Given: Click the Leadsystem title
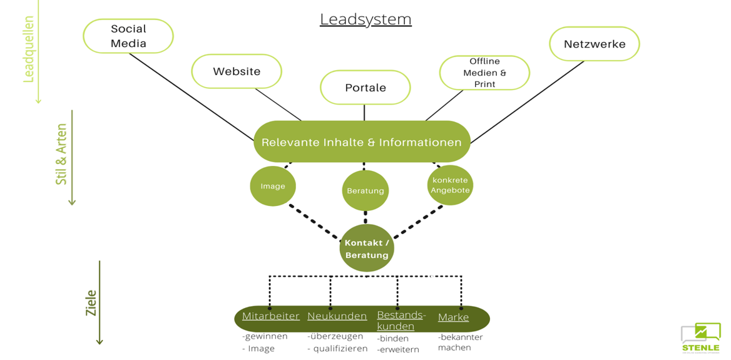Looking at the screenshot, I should point(365,19).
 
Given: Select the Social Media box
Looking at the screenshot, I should point(128,36).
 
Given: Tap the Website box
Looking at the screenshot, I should point(237,71).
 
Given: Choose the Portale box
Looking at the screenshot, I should point(365,88).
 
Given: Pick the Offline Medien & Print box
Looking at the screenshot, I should point(484,73).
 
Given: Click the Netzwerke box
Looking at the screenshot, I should point(595,44).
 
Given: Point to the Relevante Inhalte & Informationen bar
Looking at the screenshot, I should point(362,142).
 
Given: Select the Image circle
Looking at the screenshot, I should point(273,186).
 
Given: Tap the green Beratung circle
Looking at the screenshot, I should point(365,190).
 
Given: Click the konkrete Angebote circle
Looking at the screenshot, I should point(450,185).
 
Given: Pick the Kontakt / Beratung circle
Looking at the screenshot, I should point(367,249).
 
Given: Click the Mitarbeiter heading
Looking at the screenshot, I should point(270,317).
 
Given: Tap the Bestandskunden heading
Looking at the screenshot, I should point(401,321).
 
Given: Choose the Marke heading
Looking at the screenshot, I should point(453,317).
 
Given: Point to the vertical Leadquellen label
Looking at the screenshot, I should point(29,49).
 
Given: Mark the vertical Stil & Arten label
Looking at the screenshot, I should point(61,154).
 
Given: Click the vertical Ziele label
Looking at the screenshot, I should point(91,302).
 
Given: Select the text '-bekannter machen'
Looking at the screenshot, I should point(460,342).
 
